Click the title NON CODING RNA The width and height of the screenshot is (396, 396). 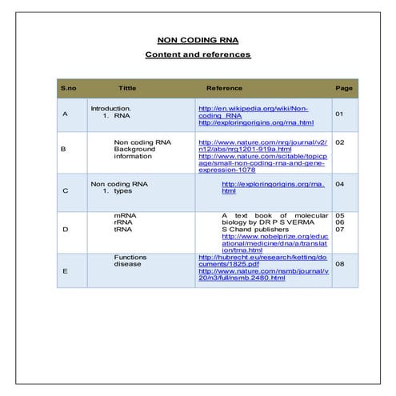(197, 40)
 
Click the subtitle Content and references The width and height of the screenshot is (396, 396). (197, 54)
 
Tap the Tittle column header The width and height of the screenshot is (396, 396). (127, 88)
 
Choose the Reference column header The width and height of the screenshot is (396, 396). (224, 88)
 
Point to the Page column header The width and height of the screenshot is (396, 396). (344, 88)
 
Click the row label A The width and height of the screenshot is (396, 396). (65, 114)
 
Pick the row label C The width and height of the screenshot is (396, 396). (65, 191)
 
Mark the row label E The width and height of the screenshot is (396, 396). (65, 271)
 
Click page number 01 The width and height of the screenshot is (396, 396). (339, 114)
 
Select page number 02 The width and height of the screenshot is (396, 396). (339, 142)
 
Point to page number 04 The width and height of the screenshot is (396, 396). (339, 184)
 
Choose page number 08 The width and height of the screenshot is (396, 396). (339, 263)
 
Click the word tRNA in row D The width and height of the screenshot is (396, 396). (122, 230)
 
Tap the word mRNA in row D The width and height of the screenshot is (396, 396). (124, 216)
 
